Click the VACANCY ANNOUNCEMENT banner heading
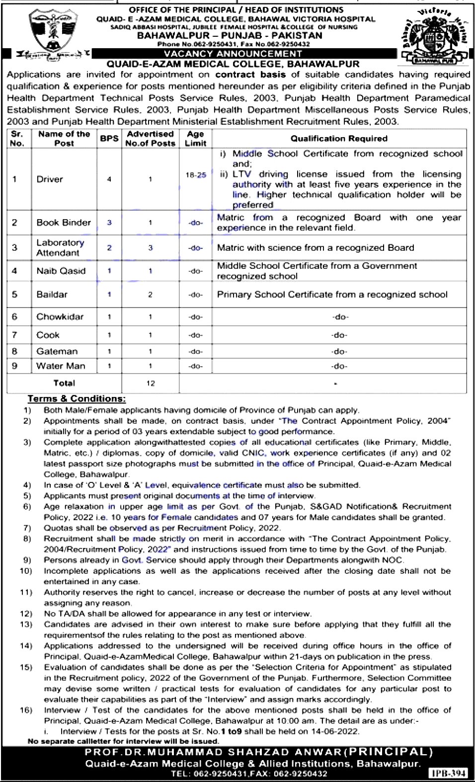233,54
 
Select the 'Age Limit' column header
195,139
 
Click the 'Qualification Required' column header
339,139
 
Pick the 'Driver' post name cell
50,179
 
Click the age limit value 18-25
196,175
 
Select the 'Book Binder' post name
64,223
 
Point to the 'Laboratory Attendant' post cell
60,247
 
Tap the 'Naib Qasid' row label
61,271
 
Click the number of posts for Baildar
150,295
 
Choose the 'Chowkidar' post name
60,316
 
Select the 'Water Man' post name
61,366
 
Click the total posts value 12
150,383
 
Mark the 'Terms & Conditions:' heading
77,398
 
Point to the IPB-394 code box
448,773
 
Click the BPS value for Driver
109,179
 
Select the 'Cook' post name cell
48,335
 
